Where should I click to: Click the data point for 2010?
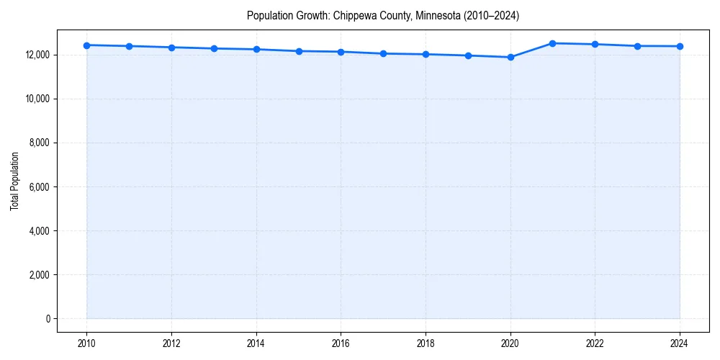tap(86, 45)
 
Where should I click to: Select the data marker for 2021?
tap(552, 43)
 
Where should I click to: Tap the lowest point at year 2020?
tap(510, 57)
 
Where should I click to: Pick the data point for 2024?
tap(680, 46)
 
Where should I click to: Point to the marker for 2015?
tap(298, 51)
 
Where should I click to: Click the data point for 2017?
tap(383, 53)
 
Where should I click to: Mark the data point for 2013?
tap(214, 48)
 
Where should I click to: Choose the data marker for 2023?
tap(637, 46)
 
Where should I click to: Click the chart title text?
tap(382, 15)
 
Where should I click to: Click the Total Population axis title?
tap(14, 181)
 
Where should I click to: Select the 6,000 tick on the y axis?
tap(39, 187)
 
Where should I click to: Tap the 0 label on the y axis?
tap(47, 319)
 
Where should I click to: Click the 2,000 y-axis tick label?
tap(39, 275)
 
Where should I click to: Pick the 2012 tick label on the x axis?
tap(171, 343)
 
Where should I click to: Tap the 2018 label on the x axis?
tap(426, 343)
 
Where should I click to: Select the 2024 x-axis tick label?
tap(680, 343)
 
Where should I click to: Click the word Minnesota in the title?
tap(434, 15)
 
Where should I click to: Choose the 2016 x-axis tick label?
tap(341, 343)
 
